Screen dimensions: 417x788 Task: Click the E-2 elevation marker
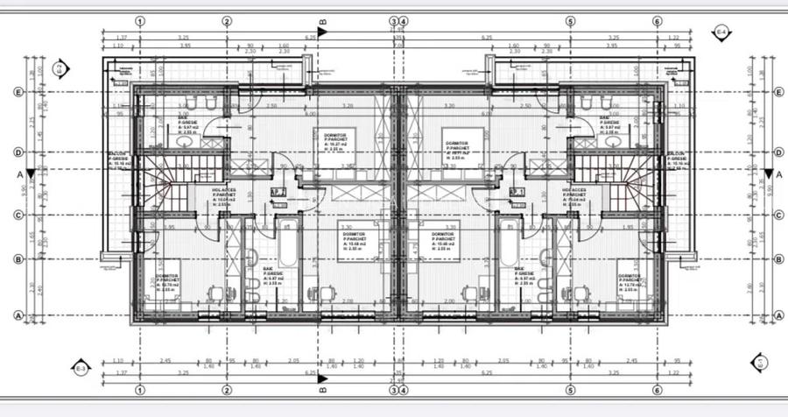pyautogui.click(x=59, y=67)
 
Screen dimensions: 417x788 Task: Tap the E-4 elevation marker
pyautogui.click(x=721, y=34)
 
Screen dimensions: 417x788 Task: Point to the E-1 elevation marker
pyautogui.click(x=759, y=362)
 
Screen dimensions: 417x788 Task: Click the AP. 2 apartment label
pyautogui.click(x=278, y=191)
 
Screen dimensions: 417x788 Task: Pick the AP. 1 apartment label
pyautogui.click(x=516, y=191)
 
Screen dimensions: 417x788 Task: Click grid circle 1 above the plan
pyautogui.click(x=140, y=21)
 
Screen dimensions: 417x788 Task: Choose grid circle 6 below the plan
pyautogui.click(x=657, y=390)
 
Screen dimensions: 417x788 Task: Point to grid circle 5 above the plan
pyautogui.click(x=570, y=21)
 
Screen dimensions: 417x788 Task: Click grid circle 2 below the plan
pyautogui.click(x=227, y=390)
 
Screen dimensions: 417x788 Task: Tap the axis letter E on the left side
pyautogui.click(x=18, y=91)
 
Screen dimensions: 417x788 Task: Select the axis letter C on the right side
pyautogui.click(x=778, y=214)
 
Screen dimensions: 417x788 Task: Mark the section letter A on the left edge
pyautogui.click(x=19, y=173)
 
